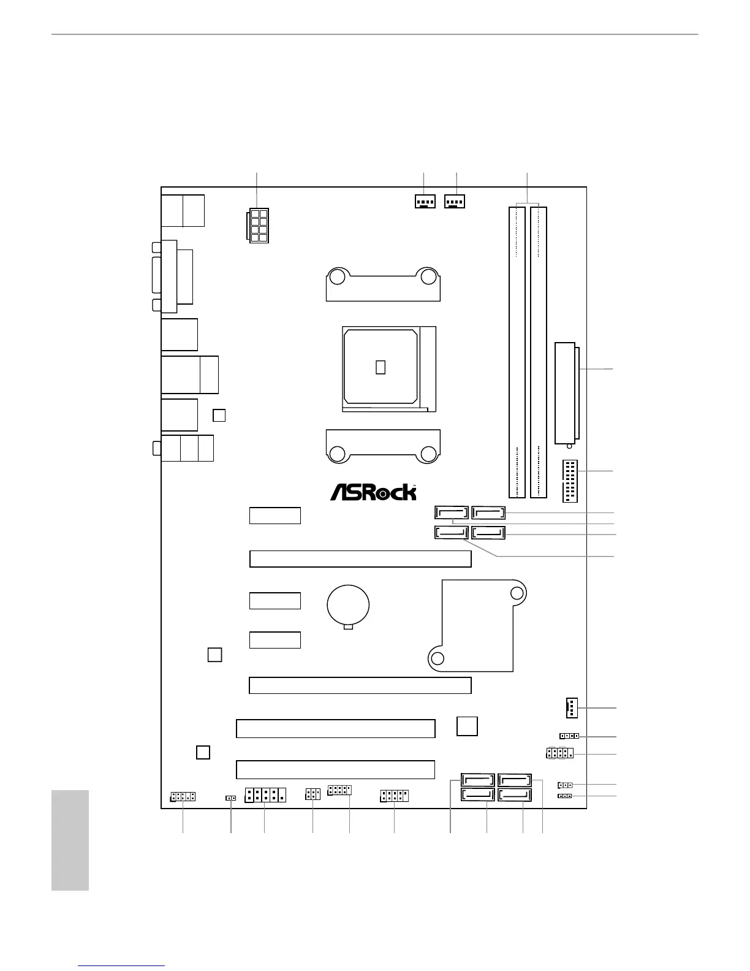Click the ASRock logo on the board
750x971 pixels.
[373, 492]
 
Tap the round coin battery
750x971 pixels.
[348, 604]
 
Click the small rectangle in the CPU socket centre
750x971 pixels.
[381, 367]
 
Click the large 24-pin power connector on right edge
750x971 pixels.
[567, 392]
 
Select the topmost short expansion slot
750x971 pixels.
[275, 516]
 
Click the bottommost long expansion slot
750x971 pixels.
[335, 769]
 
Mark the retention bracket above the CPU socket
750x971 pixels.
[383, 284]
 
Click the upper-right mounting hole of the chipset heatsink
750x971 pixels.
[517, 593]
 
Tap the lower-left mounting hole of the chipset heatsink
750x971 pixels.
[438, 658]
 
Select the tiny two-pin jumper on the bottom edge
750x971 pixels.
[231, 798]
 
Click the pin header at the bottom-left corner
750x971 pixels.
[183, 797]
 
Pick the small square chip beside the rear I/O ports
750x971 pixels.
[219, 415]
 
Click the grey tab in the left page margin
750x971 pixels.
[70, 840]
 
